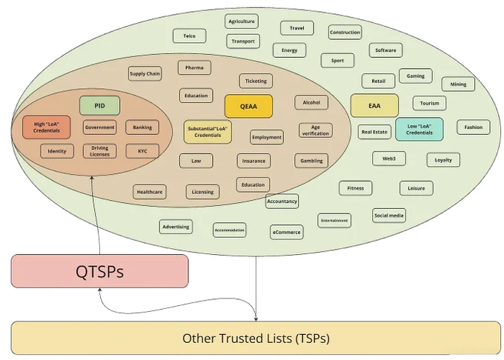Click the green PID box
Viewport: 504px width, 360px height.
(x=99, y=106)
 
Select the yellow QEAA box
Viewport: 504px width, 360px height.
(x=248, y=107)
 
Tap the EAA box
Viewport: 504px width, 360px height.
(x=374, y=106)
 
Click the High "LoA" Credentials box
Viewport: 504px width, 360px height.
(x=47, y=127)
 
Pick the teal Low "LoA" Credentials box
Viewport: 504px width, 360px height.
(x=420, y=130)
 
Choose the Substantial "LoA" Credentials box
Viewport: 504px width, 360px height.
(x=208, y=132)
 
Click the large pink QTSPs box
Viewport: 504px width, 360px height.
(x=99, y=271)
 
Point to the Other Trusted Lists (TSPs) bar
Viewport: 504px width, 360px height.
(x=256, y=339)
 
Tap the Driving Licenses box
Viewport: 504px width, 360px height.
(x=99, y=151)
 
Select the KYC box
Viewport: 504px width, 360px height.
(x=142, y=151)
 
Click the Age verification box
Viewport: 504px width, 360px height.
(x=315, y=130)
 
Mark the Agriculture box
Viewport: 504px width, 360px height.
(x=242, y=21)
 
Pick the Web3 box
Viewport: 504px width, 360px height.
(x=389, y=159)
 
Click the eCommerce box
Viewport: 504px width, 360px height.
(x=286, y=232)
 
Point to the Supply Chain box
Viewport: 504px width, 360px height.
(x=145, y=73)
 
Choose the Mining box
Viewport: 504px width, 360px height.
(x=458, y=84)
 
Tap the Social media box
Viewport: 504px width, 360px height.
(x=389, y=216)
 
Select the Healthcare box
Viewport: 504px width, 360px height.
(x=150, y=192)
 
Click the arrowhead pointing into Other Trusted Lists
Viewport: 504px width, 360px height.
(x=256, y=319)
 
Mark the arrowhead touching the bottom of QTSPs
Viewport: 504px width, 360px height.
(x=100, y=290)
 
